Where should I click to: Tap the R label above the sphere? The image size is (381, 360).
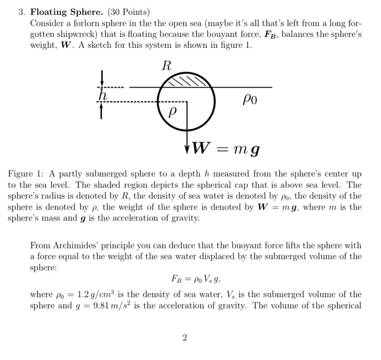point(167,66)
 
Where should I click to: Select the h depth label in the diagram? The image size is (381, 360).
point(102,95)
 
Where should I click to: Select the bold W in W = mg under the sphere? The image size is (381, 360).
point(202,148)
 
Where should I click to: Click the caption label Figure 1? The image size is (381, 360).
point(26,174)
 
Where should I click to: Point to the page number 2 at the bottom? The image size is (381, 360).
point(185,338)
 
